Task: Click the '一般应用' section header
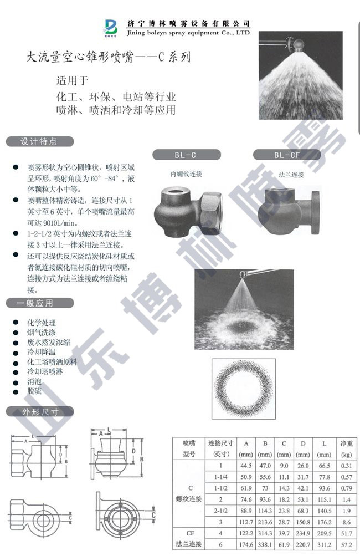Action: tap(39, 303)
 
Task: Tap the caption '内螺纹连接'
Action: tap(186, 174)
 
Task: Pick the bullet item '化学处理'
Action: tap(41, 322)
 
